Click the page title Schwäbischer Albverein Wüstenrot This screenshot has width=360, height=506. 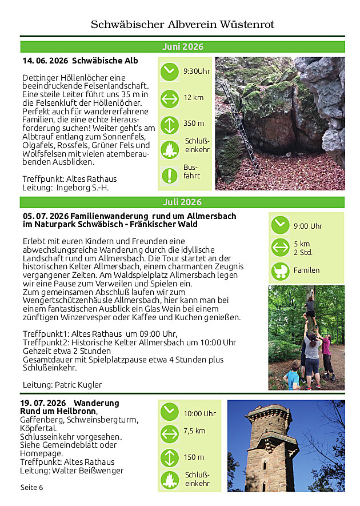click(x=182, y=25)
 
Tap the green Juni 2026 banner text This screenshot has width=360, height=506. click(x=182, y=47)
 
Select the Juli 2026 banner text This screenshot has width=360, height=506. click(x=182, y=202)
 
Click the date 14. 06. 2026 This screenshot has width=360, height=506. click(x=45, y=61)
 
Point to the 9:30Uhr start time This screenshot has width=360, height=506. click(x=197, y=71)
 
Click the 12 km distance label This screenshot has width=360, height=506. click(x=193, y=98)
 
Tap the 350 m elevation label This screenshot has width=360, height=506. click(x=194, y=123)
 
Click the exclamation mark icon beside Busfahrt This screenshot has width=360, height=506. click(x=169, y=175)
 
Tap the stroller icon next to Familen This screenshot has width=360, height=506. click(x=280, y=270)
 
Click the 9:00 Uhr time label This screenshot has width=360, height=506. click(x=307, y=226)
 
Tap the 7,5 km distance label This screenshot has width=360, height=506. click(x=194, y=431)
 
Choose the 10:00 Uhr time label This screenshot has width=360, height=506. click(x=199, y=413)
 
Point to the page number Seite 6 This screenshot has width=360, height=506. click(x=32, y=487)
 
